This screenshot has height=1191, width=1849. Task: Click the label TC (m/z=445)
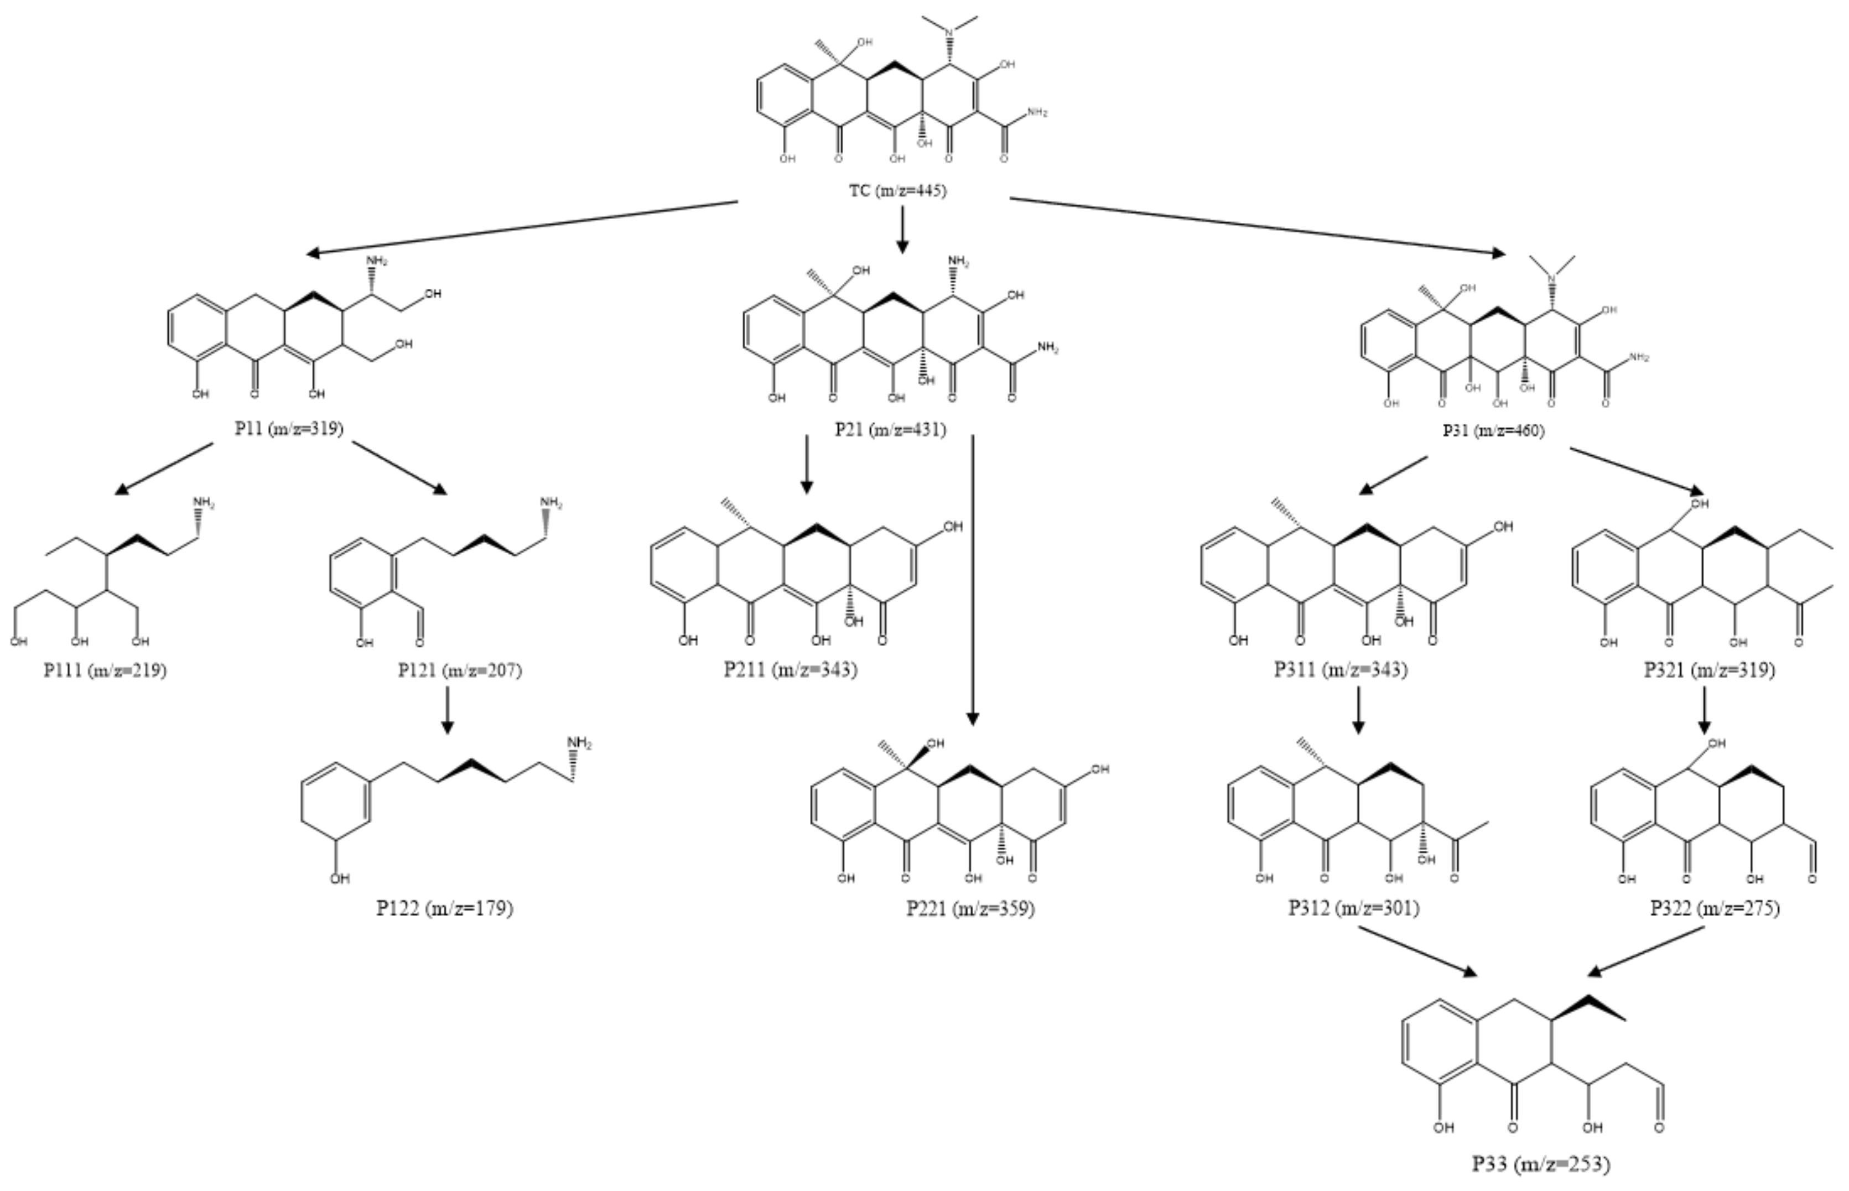click(897, 190)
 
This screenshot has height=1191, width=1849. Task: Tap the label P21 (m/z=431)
click(890, 429)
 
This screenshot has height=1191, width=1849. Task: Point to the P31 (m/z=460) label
click(1493, 431)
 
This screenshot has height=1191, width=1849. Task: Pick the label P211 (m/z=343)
click(790, 669)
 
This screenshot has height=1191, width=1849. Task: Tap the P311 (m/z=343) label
click(1341, 669)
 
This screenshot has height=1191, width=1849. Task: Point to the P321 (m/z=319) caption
click(1710, 669)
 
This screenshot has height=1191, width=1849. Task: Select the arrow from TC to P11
click(522, 227)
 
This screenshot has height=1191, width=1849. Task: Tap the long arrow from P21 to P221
click(972, 580)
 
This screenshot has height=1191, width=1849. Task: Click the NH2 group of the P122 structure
click(579, 743)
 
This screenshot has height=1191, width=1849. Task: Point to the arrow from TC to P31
click(1256, 226)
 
